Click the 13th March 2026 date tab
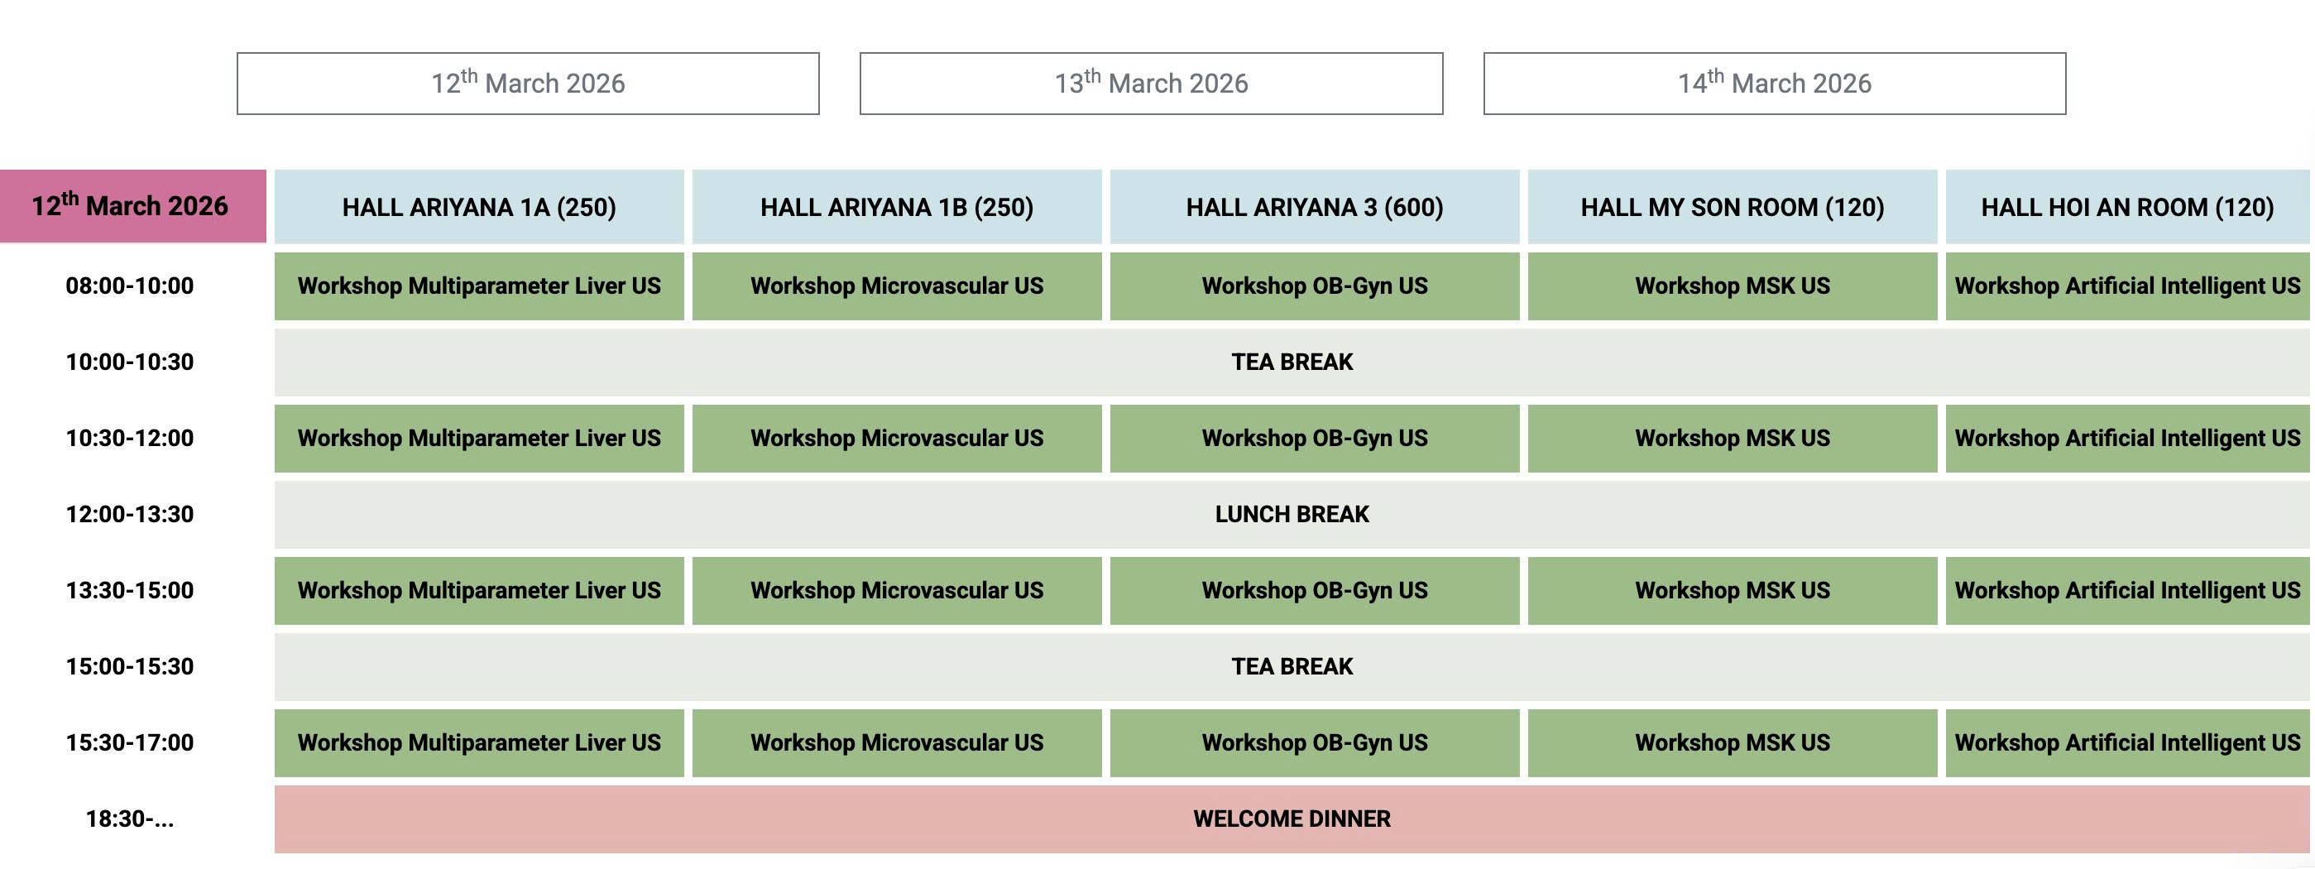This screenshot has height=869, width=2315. [x=1151, y=84]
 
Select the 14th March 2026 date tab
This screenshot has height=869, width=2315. [x=1774, y=84]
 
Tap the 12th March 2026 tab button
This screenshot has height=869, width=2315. [x=528, y=84]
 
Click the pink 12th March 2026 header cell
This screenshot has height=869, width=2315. [x=132, y=206]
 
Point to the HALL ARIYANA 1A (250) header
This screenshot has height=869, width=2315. [x=479, y=207]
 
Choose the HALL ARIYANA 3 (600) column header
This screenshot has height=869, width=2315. [x=1314, y=207]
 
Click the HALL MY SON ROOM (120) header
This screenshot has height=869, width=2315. [x=1732, y=207]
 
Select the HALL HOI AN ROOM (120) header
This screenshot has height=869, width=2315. [x=2126, y=207]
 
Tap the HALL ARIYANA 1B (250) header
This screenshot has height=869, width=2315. [x=896, y=207]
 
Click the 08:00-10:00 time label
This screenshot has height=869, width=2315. [x=129, y=286]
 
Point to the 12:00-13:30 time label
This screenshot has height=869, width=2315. [x=129, y=514]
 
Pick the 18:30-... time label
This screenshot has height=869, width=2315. [x=129, y=819]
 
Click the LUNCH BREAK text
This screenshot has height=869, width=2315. [x=1292, y=514]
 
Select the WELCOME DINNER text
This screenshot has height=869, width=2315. [x=1292, y=819]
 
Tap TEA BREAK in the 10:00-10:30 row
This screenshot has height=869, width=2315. [x=1292, y=362]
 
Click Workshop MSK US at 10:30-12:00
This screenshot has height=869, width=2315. [x=1732, y=439]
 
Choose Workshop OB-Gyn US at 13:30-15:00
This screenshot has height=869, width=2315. [x=1314, y=590]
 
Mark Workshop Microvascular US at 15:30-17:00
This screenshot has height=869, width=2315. [x=896, y=742]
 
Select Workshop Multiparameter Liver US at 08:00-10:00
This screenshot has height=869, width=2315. [x=479, y=286]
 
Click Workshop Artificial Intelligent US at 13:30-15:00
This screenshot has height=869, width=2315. [x=2126, y=590]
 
